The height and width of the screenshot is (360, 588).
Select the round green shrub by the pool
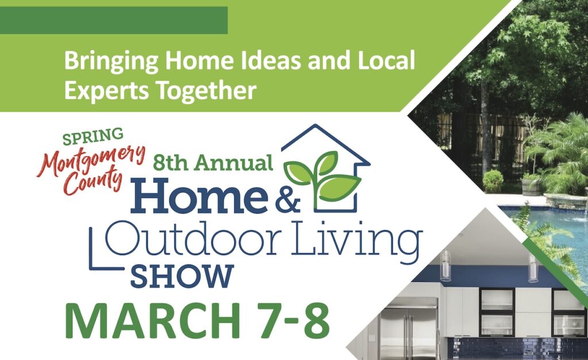tap(493, 180)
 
